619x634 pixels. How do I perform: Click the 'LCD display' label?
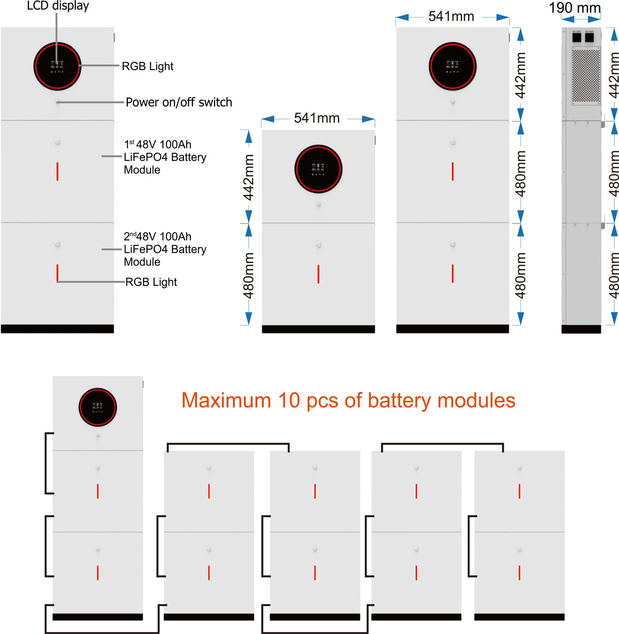tap(58, 6)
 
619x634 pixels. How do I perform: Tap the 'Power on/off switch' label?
tap(178, 102)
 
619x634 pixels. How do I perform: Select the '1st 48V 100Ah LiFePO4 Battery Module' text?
tap(165, 157)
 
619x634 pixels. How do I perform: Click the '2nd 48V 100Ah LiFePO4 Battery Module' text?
tap(165, 249)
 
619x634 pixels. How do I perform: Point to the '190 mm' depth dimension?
tap(575, 8)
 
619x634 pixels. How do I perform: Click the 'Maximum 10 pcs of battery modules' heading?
tap(348, 400)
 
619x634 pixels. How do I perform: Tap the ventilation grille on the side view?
tap(586, 75)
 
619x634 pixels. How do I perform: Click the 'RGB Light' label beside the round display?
tap(148, 66)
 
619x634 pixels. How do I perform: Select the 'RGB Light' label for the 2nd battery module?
tap(151, 282)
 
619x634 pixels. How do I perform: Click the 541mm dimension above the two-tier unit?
tap(317, 118)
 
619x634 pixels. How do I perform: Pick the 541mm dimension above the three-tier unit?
tap(451, 17)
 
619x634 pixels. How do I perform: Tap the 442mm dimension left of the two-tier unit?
tap(249, 177)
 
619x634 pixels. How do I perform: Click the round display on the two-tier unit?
tap(318, 169)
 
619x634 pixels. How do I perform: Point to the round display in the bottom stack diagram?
tap(97, 407)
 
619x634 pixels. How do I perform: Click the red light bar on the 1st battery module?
tap(57, 171)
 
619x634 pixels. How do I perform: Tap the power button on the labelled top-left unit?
tap(57, 102)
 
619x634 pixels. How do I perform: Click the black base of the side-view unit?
tap(581, 329)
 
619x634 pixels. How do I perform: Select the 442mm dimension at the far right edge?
tap(614, 75)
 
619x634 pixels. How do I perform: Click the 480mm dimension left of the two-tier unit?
tap(249, 275)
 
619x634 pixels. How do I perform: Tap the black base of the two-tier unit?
tap(318, 329)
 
